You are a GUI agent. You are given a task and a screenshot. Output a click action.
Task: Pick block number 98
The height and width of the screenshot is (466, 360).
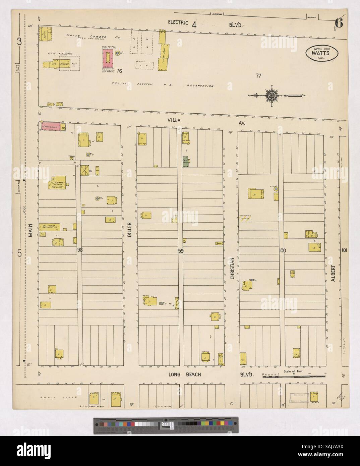click(x=79, y=249)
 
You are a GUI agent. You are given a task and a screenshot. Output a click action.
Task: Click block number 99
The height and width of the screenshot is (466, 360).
click(x=181, y=250)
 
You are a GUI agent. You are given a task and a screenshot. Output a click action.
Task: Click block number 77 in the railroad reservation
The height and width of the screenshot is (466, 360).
click(x=258, y=76)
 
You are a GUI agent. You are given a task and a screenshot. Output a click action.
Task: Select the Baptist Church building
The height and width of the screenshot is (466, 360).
click(x=58, y=183)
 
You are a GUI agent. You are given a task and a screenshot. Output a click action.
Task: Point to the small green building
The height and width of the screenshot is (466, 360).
click(x=185, y=161)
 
